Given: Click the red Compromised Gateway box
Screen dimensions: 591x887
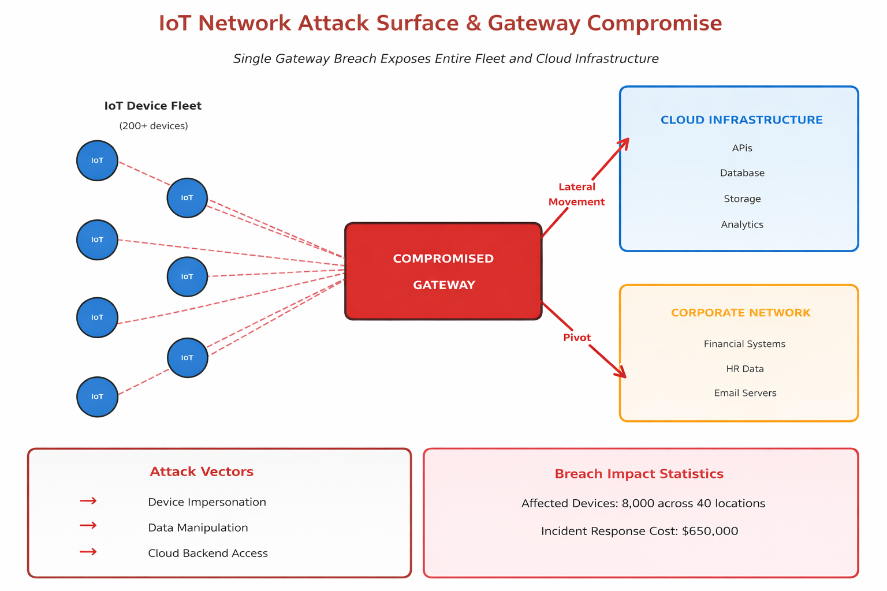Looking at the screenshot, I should tap(443, 271).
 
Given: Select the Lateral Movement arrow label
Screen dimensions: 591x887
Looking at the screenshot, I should tap(576, 194).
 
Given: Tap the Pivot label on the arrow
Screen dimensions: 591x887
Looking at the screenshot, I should tap(577, 338).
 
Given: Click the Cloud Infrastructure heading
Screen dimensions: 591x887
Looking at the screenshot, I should tap(741, 120).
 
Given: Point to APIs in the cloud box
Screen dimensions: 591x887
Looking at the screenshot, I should tap(742, 148).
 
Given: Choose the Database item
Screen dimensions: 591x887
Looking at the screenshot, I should tap(742, 173).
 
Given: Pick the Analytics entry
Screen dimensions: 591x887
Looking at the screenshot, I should tap(742, 225).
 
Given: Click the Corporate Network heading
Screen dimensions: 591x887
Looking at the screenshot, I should tap(740, 313).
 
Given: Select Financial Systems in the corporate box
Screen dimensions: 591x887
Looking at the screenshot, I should tap(744, 344).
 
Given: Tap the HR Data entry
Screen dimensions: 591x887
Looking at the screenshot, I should tap(745, 369).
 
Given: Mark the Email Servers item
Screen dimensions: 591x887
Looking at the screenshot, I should tap(745, 393).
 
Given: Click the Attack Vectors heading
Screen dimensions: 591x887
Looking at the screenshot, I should tap(202, 472).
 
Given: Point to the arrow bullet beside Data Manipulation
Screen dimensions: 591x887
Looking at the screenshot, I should tap(88, 525).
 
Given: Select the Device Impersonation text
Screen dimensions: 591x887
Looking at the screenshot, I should tap(207, 502).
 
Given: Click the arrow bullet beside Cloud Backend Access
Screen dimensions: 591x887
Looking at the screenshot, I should tap(88, 552).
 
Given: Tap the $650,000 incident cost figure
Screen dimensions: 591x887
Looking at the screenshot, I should tap(710, 531).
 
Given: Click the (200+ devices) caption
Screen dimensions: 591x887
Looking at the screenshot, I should tap(154, 126).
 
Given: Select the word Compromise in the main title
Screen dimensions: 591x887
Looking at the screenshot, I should tap(654, 24).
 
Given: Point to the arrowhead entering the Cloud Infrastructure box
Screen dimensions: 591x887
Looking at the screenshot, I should tap(624, 143).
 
